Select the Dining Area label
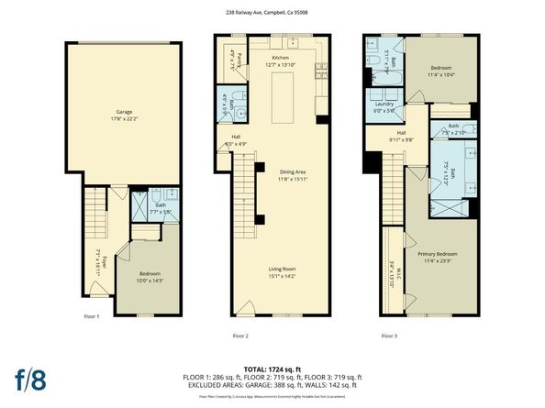pos(281,172)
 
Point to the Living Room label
pos(281,273)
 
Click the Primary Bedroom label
pos(437,257)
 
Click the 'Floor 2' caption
pos(241,336)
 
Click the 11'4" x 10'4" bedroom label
pos(442,74)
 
